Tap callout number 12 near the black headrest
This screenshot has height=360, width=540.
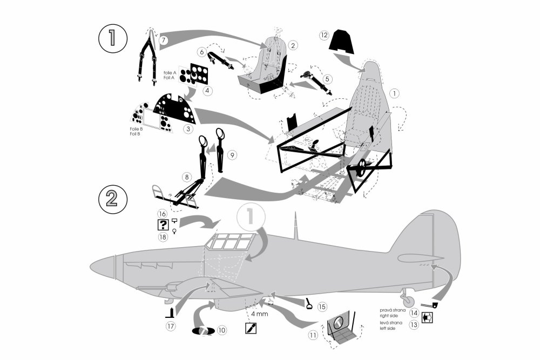tap(323, 35)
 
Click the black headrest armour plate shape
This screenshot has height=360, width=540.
tap(342, 42)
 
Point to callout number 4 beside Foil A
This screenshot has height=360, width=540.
tap(207, 91)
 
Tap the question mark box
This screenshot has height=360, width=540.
tap(162, 226)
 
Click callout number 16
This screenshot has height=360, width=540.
tap(161, 214)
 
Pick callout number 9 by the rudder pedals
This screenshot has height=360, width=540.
tap(232, 155)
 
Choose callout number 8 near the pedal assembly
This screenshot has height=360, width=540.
tap(186, 176)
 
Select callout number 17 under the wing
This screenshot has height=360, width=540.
tap(171, 326)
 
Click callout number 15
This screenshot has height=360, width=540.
tap(322, 306)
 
